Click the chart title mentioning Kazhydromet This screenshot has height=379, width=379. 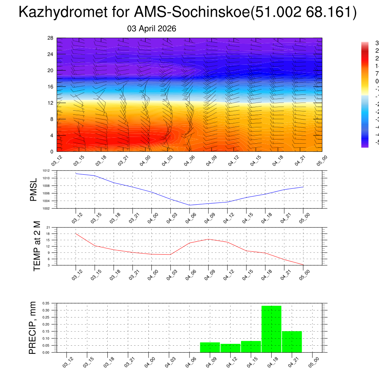(187, 13)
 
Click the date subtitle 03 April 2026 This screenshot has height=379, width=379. (152, 28)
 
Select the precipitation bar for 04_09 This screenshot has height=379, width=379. (210, 347)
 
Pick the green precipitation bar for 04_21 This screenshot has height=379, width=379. (292, 342)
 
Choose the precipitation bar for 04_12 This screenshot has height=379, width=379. (230, 348)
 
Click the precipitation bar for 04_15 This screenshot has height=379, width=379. (251, 346)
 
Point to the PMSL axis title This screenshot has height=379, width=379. (34, 189)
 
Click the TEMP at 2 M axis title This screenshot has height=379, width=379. (37, 246)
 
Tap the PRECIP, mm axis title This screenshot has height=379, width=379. (33, 328)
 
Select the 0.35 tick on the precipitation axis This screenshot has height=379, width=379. (45, 303)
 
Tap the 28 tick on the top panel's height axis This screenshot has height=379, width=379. (51, 38)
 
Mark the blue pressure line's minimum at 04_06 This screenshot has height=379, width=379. (189, 205)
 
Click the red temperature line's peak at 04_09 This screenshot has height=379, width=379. (208, 239)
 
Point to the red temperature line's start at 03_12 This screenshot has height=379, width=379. (76, 234)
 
